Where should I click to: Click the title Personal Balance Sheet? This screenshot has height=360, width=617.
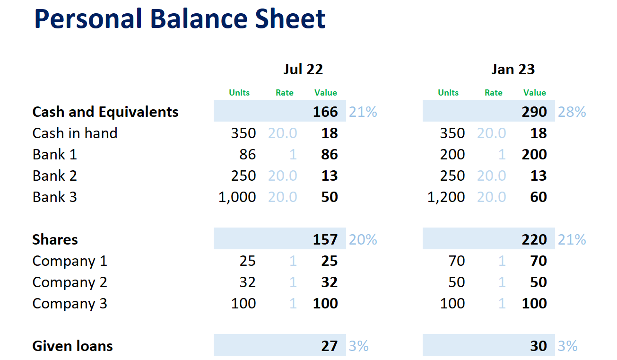(180, 19)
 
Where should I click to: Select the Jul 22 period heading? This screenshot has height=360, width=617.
(303, 70)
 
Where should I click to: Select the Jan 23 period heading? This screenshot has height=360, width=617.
(513, 70)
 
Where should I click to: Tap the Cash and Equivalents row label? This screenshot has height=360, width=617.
(105, 112)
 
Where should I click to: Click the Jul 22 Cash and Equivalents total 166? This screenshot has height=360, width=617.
(325, 112)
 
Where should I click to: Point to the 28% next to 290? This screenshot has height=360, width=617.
(572, 112)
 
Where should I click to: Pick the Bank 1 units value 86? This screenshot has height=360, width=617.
(248, 155)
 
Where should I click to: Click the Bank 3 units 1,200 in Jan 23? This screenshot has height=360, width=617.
(446, 197)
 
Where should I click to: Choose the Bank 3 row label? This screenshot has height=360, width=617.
(54, 197)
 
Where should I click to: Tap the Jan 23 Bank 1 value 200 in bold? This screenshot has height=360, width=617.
(534, 155)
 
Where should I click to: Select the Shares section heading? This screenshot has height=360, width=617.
(55, 240)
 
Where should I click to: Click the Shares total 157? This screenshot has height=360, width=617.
(325, 240)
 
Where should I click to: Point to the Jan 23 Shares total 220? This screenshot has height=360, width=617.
(534, 240)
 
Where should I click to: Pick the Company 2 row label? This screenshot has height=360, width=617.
(70, 282)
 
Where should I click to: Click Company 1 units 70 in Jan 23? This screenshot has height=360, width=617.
(456, 261)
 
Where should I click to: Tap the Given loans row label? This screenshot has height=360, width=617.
(72, 346)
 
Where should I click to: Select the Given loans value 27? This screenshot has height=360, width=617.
(329, 346)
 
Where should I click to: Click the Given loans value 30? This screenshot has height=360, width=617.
(539, 346)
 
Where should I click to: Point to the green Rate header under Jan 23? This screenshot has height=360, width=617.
(493, 93)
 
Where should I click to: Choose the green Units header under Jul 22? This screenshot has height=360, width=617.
(239, 93)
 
